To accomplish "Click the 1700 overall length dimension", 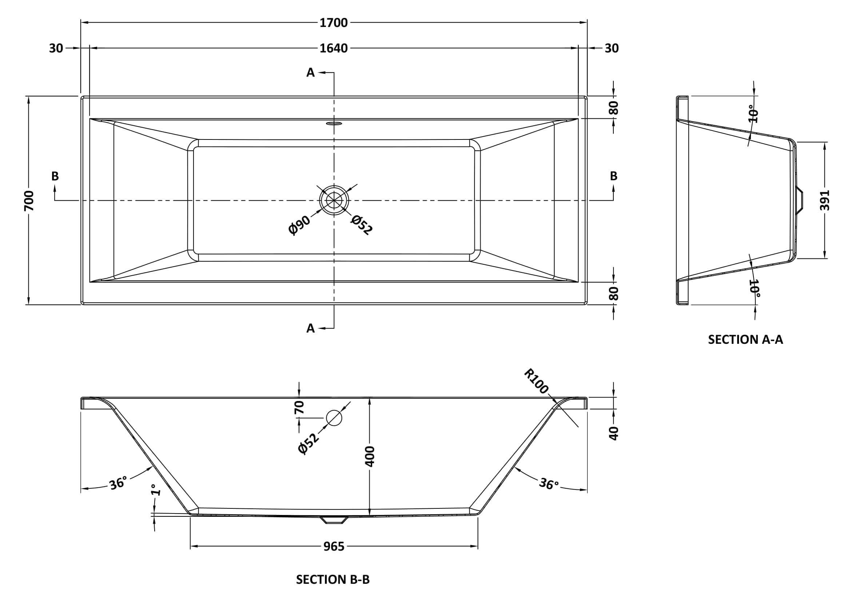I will click(334, 23).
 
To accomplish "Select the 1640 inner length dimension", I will click(334, 48).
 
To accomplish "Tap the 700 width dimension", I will click(29, 201).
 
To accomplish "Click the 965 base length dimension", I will click(334, 546).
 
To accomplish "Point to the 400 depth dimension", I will click(370, 456).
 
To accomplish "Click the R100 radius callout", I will click(536, 381).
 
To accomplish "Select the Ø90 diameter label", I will click(299, 225).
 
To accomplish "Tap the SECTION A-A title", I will click(745, 339).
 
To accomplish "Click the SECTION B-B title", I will click(333, 579).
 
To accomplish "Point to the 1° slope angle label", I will click(156, 490).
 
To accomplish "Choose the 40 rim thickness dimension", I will click(613, 433).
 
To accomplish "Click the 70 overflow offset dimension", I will click(299, 407).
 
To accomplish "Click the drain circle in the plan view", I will click(334, 200).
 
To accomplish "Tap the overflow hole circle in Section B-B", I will click(334, 417).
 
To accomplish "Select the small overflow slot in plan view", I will click(334, 123).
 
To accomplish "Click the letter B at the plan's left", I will click(55, 176).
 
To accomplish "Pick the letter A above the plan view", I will click(310, 73).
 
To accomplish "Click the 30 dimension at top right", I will click(612, 48).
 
